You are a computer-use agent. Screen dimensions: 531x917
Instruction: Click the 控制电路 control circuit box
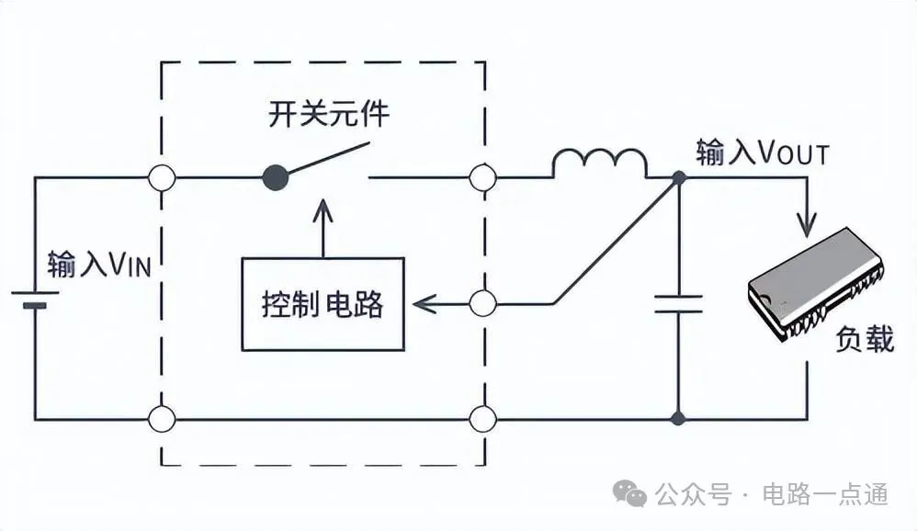323,304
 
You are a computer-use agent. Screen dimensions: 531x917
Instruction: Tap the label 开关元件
329,116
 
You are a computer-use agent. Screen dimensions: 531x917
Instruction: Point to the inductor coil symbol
599,164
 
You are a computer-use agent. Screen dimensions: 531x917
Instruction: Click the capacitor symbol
678,304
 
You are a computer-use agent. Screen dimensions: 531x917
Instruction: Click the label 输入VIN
99,265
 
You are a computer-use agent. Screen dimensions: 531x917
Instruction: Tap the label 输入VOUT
762,153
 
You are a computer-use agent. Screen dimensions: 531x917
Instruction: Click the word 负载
864,339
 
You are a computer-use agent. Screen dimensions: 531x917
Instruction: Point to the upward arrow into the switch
323,224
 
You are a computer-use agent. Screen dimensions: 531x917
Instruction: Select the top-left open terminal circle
163,177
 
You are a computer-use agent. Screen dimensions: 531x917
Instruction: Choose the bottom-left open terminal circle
163,420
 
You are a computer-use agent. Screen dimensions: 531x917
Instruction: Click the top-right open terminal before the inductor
481,177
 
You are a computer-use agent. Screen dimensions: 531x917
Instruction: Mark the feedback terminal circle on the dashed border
481,302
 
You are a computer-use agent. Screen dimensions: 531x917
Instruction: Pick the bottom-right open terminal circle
481,420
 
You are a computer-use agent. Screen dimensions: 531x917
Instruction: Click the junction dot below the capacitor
678,420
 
